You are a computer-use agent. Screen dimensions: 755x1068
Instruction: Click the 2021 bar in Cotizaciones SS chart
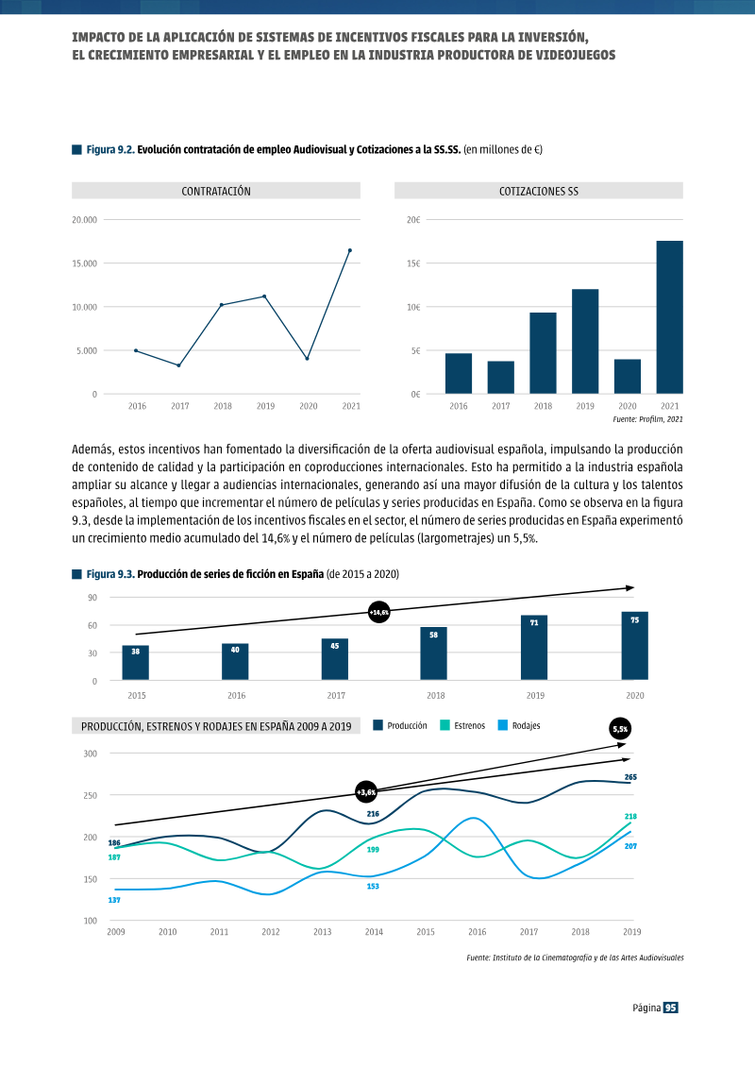click(x=669, y=317)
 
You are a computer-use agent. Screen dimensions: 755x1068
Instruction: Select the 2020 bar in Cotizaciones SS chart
click(x=627, y=377)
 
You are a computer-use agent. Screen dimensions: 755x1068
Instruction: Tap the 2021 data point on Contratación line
click(x=350, y=250)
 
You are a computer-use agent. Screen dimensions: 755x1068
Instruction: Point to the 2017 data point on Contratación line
click(x=179, y=365)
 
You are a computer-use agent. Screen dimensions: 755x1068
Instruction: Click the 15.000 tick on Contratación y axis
click(x=84, y=263)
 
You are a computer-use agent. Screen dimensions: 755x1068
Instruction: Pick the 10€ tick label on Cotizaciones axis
click(x=413, y=307)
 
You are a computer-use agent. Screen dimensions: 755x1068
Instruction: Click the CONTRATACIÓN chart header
click(x=216, y=191)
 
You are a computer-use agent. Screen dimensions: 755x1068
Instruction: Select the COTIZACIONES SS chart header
click(x=539, y=191)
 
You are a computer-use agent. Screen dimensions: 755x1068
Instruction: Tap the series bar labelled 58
click(x=434, y=653)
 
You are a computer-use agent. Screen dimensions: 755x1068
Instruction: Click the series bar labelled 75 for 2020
click(x=634, y=646)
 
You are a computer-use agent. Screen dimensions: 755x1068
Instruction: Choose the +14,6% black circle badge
click(x=378, y=612)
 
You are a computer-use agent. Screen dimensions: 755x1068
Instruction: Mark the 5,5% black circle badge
click(x=620, y=729)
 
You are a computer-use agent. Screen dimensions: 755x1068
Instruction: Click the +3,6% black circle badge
click(x=366, y=792)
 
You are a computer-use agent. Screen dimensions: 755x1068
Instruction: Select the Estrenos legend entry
click(x=463, y=725)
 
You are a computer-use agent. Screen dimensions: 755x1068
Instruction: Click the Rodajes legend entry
click(x=519, y=725)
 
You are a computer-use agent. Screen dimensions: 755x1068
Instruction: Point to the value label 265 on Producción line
click(x=630, y=777)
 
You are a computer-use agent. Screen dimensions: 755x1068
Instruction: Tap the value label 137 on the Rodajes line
click(x=114, y=900)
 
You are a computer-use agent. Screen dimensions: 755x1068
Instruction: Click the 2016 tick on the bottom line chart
click(x=478, y=932)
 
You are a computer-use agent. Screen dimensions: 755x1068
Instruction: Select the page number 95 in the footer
click(x=671, y=1008)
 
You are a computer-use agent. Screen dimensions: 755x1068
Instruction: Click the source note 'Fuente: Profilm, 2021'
click(x=647, y=419)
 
